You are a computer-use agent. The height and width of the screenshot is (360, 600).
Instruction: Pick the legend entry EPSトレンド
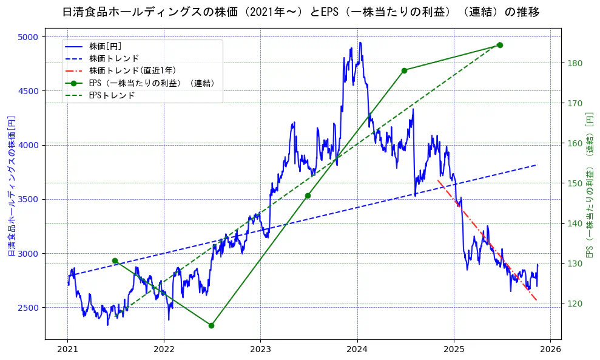click(x=112, y=95)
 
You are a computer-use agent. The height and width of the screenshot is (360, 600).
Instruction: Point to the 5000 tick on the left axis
click(x=28, y=37)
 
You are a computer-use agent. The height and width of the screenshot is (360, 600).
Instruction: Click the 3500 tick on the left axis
click(x=28, y=199)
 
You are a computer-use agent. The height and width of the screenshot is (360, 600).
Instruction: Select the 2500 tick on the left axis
click(x=28, y=307)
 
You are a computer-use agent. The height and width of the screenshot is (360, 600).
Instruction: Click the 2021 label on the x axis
click(x=67, y=350)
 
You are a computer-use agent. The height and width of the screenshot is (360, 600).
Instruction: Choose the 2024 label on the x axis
click(x=357, y=350)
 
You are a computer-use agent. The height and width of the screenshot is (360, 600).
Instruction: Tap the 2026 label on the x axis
click(x=550, y=350)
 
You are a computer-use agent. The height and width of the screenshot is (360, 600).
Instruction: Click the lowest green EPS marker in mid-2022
click(x=211, y=325)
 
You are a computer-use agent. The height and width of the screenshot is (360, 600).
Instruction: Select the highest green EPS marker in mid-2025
click(x=500, y=45)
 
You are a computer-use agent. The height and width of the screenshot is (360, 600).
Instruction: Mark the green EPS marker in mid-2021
click(x=115, y=260)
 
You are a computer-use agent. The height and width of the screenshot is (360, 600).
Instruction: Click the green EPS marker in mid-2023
click(x=308, y=195)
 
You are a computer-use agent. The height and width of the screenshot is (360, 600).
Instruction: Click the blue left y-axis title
click(x=11, y=186)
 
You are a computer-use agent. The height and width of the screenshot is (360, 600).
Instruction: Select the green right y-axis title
click(x=589, y=186)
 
